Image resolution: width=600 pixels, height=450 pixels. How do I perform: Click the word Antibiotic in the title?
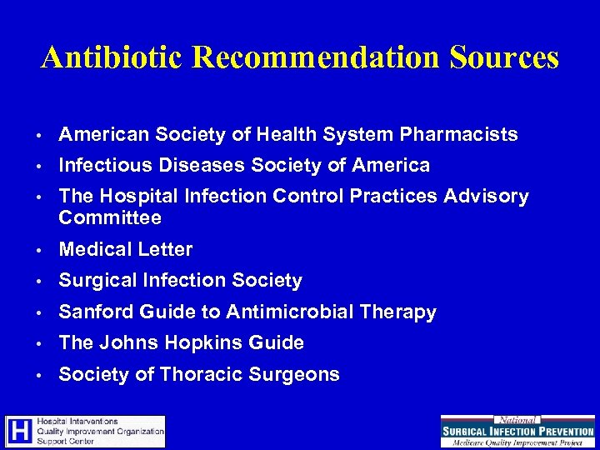tap(104, 57)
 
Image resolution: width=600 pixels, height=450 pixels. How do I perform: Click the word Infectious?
tap(102, 166)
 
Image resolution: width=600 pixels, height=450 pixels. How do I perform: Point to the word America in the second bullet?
tap(392, 166)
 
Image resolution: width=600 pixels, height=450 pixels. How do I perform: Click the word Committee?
tap(110, 218)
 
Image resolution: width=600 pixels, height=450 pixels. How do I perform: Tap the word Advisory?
tap(487, 197)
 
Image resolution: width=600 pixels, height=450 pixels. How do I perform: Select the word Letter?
tap(166, 249)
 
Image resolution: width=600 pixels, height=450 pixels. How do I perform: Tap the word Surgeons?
tap(299, 375)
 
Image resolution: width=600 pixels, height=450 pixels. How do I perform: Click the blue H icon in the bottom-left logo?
tap(19, 432)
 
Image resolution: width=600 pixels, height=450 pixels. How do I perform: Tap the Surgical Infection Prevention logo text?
tap(517, 432)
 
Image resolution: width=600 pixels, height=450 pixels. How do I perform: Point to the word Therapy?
tap(400, 312)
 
